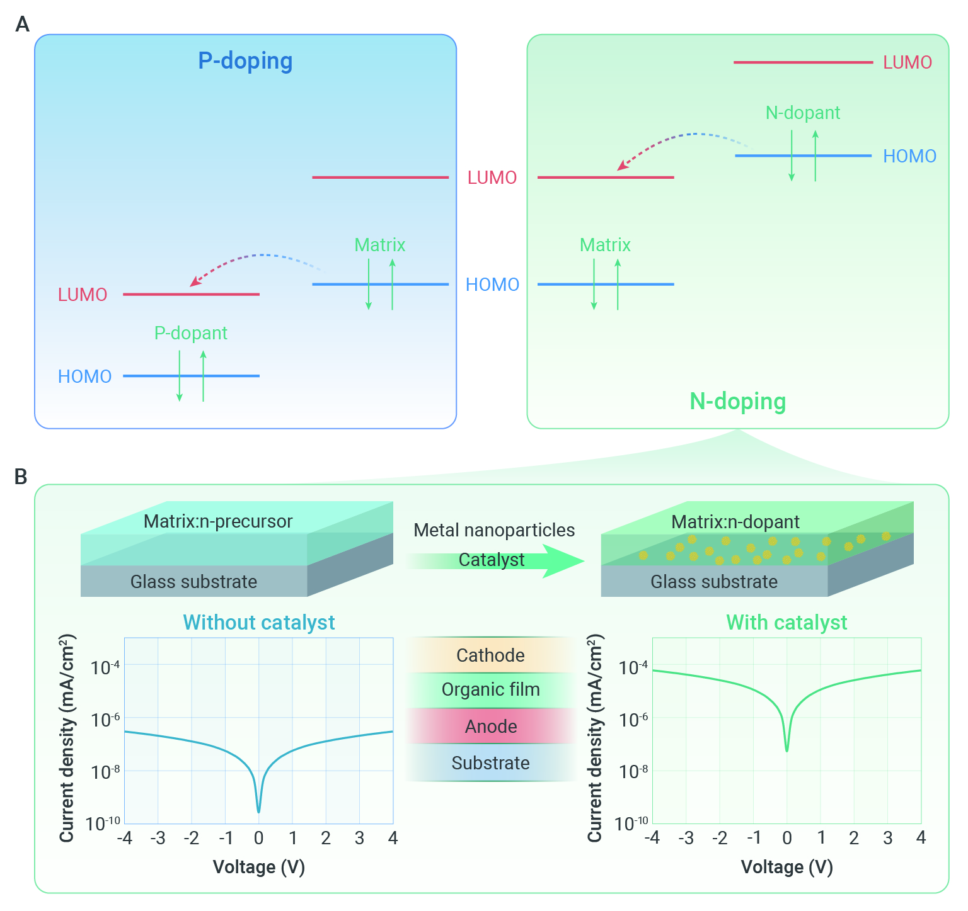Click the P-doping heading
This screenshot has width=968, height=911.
point(245,61)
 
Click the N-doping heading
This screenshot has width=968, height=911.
point(738,401)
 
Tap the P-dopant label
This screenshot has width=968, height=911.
point(191,333)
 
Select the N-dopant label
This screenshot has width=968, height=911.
point(803,113)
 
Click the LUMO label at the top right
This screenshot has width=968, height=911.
point(907,62)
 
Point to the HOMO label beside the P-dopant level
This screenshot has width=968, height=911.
point(84,376)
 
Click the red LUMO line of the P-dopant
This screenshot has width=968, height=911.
point(191,294)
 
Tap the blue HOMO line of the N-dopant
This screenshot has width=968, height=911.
point(804,156)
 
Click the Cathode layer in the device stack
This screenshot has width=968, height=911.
point(491,655)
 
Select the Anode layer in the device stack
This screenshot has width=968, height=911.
point(491,727)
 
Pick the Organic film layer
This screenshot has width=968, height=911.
point(491,690)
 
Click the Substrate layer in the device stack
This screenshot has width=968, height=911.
point(491,763)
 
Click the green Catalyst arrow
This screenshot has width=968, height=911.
point(495,560)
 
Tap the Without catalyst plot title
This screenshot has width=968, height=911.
point(259,622)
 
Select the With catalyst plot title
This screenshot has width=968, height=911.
point(786,622)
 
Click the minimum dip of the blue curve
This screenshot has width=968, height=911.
point(258,812)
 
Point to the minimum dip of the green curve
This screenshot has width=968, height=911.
point(786,750)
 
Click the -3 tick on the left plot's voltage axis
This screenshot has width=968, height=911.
point(158,838)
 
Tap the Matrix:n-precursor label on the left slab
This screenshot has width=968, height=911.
point(218,521)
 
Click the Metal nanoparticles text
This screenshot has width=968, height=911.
point(494,530)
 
